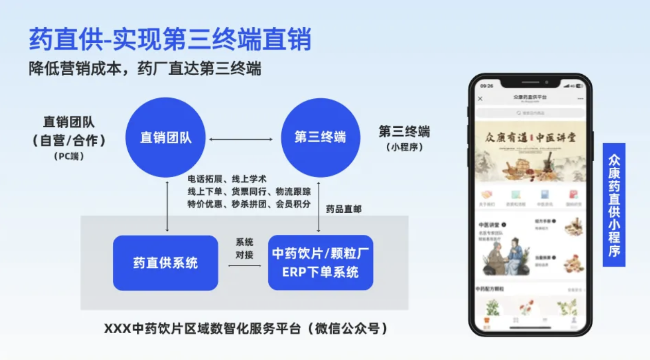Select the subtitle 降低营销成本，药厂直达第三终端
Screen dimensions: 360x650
click(x=145, y=68)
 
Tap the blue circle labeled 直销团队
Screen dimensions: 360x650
click(x=166, y=138)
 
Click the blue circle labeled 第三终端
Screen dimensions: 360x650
click(x=320, y=138)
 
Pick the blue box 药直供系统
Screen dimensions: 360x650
click(x=165, y=263)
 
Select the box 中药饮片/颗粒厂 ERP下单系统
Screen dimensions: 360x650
click(x=320, y=263)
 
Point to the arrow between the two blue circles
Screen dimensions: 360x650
click(x=241, y=139)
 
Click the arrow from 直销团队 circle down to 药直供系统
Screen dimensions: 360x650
click(x=167, y=206)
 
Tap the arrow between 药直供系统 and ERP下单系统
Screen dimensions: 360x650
click(x=244, y=266)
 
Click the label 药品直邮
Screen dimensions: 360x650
click(x=344, y=209)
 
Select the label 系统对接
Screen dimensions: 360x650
click(x=244, y=248)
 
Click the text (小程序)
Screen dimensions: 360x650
click(x=404, y=147)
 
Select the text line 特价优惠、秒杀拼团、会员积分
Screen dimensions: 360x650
click(x=249, y=204)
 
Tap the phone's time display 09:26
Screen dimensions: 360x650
click(x=487, y=86)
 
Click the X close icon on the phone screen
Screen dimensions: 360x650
click(x=481, y=98)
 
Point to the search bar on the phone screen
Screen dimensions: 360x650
click(x=530, y=113)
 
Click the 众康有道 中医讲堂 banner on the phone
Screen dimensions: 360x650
click(x=530, y=151)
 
